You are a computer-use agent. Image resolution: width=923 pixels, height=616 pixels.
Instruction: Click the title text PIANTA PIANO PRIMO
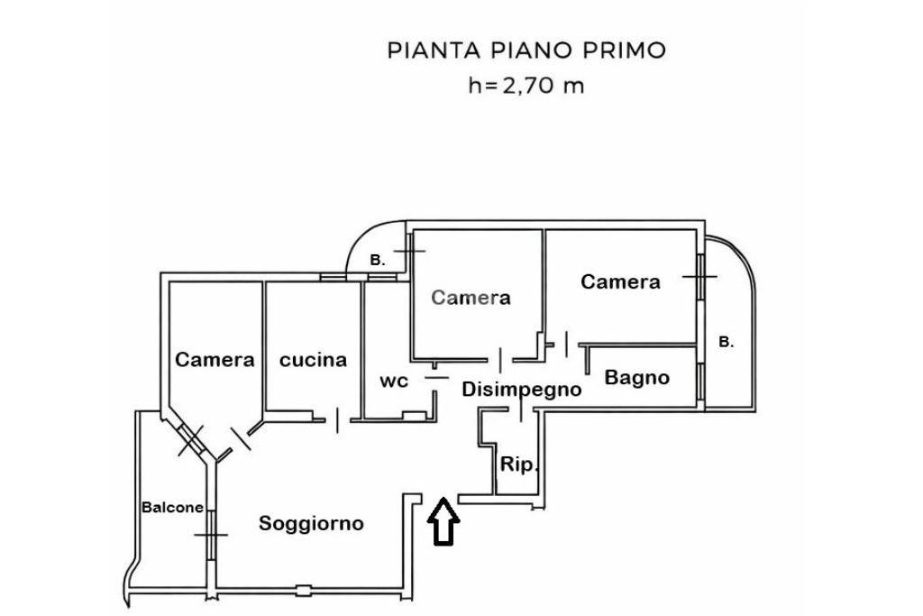(526, 50)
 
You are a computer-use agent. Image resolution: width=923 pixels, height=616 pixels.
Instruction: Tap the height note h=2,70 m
(526, 87)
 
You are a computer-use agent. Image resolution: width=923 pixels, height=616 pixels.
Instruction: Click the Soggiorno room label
(312, 523)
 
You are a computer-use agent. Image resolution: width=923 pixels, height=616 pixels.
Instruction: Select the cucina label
(313, 360)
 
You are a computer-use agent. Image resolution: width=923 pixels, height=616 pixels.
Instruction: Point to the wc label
(393, 381)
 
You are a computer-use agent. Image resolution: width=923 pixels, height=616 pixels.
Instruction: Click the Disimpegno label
(521, 390)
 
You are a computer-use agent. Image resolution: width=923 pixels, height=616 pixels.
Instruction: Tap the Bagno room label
(637, 377)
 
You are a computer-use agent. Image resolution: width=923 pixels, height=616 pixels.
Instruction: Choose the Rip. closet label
(519, 465)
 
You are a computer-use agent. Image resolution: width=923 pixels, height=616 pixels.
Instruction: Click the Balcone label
(172, 507)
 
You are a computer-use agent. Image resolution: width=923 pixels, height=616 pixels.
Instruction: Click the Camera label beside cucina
(215, 360)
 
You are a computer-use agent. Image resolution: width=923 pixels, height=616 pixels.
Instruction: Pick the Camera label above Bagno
(620, 281)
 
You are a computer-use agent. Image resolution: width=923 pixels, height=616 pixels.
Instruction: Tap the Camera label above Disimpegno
(471, 298)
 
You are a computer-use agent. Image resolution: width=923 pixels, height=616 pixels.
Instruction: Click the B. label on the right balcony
(726, 342)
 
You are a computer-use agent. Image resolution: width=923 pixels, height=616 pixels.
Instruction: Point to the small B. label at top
(378, 260)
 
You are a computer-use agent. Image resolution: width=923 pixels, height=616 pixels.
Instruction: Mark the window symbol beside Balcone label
(210, 534)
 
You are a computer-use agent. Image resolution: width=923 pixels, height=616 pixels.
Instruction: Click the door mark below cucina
(337, 418)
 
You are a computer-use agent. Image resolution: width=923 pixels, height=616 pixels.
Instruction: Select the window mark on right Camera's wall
(699, 275)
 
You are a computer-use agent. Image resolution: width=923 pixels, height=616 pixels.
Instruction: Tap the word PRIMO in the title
(626, 50)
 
